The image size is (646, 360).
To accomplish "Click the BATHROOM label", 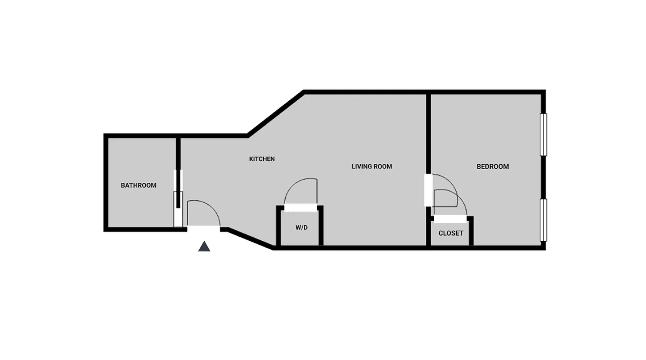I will click(x=139, y=185).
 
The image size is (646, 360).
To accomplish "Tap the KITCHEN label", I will click(x=262, y=159).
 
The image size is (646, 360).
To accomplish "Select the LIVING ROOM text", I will click(x=372, y=166).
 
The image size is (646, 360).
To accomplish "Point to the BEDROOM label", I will click(x=493, y=166).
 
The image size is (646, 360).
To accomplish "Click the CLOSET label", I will click(x=450, y=233).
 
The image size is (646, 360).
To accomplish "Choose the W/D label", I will click(x=301, y=228).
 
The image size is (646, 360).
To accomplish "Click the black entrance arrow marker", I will click(x=204, y=246).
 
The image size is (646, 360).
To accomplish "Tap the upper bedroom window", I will click(x=543, y=135).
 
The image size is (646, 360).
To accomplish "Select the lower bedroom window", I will click(x=543, y=220).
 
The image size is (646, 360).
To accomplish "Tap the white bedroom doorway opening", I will click(x=428, y=189).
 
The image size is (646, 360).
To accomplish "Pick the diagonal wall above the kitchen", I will click(x=275, y=112).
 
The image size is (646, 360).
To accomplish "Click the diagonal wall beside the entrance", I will click(x=250, y=238).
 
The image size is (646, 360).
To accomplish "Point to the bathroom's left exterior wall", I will click(x=106, y=183).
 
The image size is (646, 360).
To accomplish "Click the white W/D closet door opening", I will click(x=300, y=207).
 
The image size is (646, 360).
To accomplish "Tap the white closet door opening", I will click(x=450, y=218).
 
